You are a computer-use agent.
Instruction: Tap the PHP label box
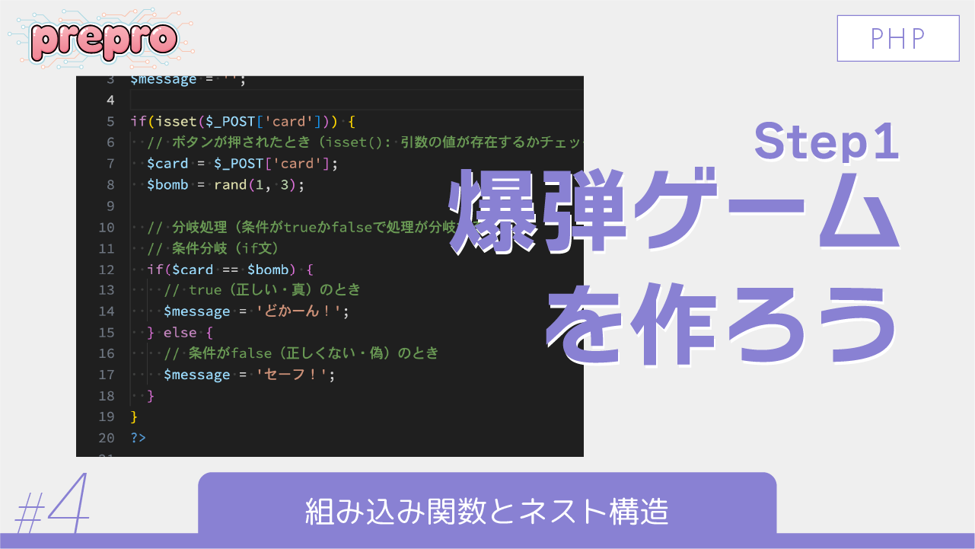point(898,38)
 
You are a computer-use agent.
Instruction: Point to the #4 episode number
point(52,506)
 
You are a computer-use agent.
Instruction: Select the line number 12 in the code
point(107,270)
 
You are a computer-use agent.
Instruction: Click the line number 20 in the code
point(107,438)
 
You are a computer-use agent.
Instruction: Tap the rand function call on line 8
point(231,185)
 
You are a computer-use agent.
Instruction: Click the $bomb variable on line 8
point(167,185)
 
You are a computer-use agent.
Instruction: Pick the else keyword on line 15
point(180,333)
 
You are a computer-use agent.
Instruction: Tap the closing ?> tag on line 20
point(138,438)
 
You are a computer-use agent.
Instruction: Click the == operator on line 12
point(230,270)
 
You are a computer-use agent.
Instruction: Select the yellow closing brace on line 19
point(134,417)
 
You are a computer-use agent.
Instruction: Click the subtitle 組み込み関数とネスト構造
point(487,511)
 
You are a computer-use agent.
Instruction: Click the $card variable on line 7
point(167,164)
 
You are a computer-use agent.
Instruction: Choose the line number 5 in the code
point(111,121)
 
